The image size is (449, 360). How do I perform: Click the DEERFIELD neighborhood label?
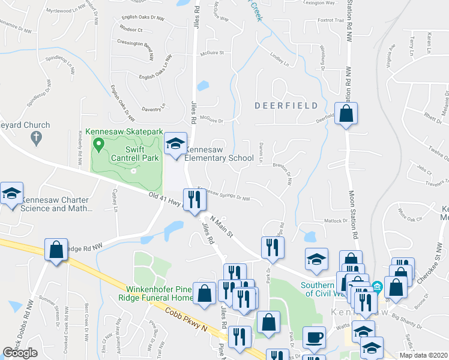[285, 106]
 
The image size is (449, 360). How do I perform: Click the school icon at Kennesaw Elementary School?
[175, 144]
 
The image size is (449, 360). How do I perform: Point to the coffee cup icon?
[314, 338]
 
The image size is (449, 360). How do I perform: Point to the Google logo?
[20, 352]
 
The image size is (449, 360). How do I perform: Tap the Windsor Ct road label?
[131, 29]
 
